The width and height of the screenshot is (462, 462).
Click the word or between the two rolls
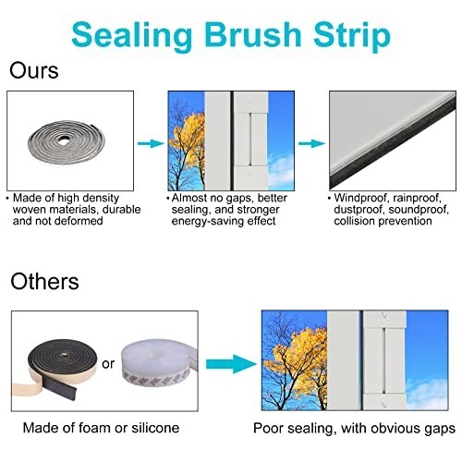109,363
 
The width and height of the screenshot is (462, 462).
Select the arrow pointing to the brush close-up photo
310,143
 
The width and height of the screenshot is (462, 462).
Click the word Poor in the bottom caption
270,428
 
